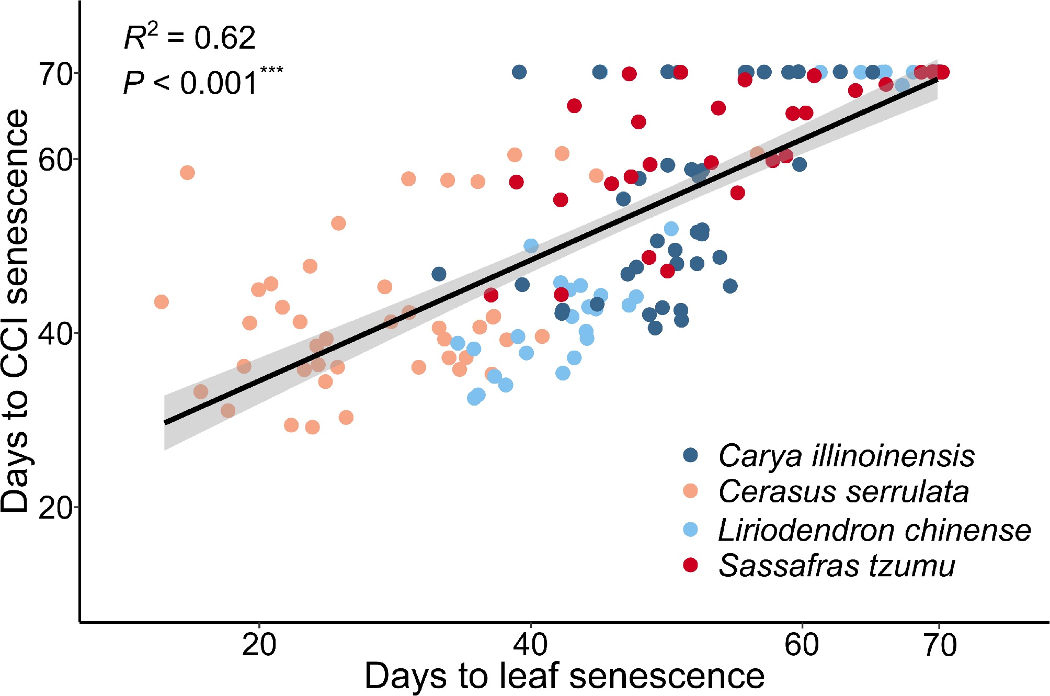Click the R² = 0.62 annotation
click(189, 38)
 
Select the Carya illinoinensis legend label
click(846, 456)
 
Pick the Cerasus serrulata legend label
click(843, 492)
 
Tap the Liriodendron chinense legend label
click(874, 530)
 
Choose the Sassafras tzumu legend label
click(836, 566)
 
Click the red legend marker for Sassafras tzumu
click(691, 565)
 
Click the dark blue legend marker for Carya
click(691, 455)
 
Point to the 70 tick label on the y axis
click(55, 74)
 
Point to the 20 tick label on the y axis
click(55, 508)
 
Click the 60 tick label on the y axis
click(55, 160)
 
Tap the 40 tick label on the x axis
click(530, 645)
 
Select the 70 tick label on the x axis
click(940, 645)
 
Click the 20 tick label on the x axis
click(259, 645)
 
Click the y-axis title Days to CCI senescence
click(16, 311)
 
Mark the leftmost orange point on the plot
click(162, 302)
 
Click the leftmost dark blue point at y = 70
click(519, 72)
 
